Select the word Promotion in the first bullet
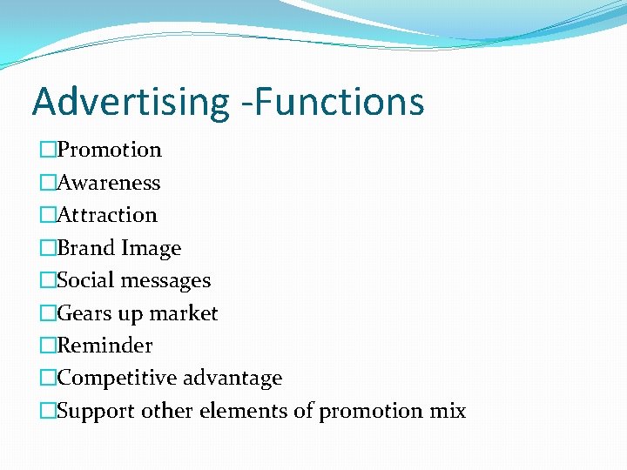[110, 150]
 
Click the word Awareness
[109, 183]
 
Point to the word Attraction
[107, 215]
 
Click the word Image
[150, 249]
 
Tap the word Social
[85, 280]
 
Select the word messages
[165, 281]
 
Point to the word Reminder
[104, 346]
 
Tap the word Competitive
[113, 379]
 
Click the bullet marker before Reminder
[47, 346]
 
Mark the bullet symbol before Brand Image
[47, 248]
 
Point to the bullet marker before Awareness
[47, 183]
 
